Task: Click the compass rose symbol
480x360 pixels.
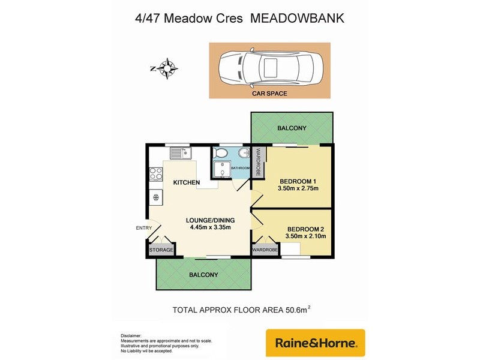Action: click(x=169, y=68)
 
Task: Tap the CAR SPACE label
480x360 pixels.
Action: click(x=269, y=94)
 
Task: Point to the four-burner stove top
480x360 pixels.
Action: click(x=156, y=174)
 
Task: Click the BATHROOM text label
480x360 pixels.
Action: click(x=240, y=168)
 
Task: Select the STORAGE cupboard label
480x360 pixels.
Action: click(x=161, y=250)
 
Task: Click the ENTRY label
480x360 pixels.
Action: click(x=144, y=227)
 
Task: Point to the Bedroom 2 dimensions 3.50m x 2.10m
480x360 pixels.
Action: click(x=306, y=236)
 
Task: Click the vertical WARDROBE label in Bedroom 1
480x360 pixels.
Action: click(x=258, y=162)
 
